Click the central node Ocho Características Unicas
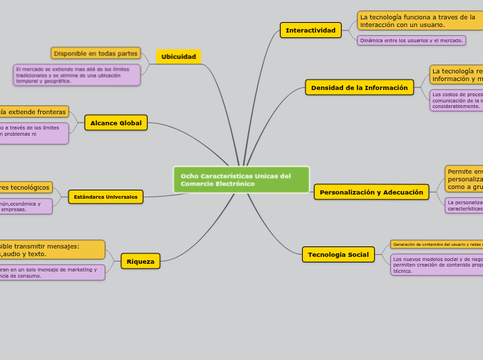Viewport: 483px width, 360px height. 241,179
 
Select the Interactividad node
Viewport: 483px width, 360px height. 310,30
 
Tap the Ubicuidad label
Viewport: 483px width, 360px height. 178,57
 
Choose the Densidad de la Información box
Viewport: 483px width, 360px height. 359,88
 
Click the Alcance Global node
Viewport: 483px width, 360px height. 116,123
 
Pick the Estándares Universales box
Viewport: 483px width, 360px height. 105,197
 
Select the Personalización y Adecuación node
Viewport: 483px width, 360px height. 371,192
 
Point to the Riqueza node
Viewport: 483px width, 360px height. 141,262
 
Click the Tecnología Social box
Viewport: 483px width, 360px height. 338,255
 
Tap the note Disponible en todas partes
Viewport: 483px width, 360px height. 96,53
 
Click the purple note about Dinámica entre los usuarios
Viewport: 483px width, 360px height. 411,41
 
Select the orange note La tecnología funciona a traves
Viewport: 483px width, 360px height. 419,21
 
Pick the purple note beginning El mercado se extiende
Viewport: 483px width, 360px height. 76,75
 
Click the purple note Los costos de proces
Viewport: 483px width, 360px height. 457,100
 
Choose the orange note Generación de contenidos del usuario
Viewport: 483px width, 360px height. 437,244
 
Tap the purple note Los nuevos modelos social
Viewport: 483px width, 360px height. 437,264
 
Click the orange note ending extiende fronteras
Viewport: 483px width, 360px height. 33,111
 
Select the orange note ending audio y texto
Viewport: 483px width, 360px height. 51,250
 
